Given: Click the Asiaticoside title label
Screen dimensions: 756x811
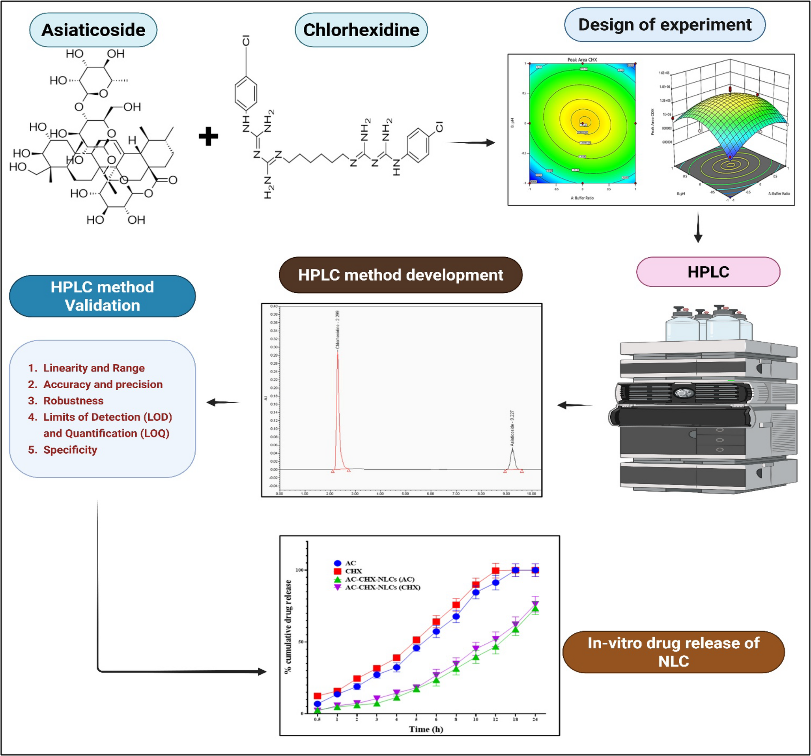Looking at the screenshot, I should [x=93, y=30].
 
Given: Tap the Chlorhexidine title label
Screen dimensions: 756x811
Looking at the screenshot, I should [x=361, y=30].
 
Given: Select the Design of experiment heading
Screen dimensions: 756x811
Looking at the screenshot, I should [x=665, y=25].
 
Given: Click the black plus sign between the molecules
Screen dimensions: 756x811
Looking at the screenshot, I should [x=208, y=136].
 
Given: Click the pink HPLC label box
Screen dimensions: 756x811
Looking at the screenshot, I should [x=708, y=272].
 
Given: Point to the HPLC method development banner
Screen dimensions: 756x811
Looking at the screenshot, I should [x=400, y=275].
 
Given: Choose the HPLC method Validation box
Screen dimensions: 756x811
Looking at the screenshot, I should [x=102, y=296].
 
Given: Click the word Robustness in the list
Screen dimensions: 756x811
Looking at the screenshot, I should [x=73, y=400].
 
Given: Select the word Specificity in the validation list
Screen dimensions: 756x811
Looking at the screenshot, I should [x=70, y=449].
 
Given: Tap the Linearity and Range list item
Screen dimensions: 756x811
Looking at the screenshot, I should [x=94, y=368].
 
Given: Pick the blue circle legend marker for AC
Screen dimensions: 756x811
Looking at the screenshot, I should [x=337, y=563].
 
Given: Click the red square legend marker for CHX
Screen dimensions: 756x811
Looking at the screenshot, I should [x=337, y=571].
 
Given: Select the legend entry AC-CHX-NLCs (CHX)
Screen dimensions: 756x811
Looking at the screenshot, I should [x=382, y=588].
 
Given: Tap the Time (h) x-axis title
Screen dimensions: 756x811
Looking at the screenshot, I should [x=426, y=729].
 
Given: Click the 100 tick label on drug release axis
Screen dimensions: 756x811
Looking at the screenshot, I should [x=300, y=570].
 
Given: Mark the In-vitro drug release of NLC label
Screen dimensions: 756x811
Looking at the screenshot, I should [x=673, y=652].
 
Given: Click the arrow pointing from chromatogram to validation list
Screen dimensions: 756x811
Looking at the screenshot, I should [x=222, y=403].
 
